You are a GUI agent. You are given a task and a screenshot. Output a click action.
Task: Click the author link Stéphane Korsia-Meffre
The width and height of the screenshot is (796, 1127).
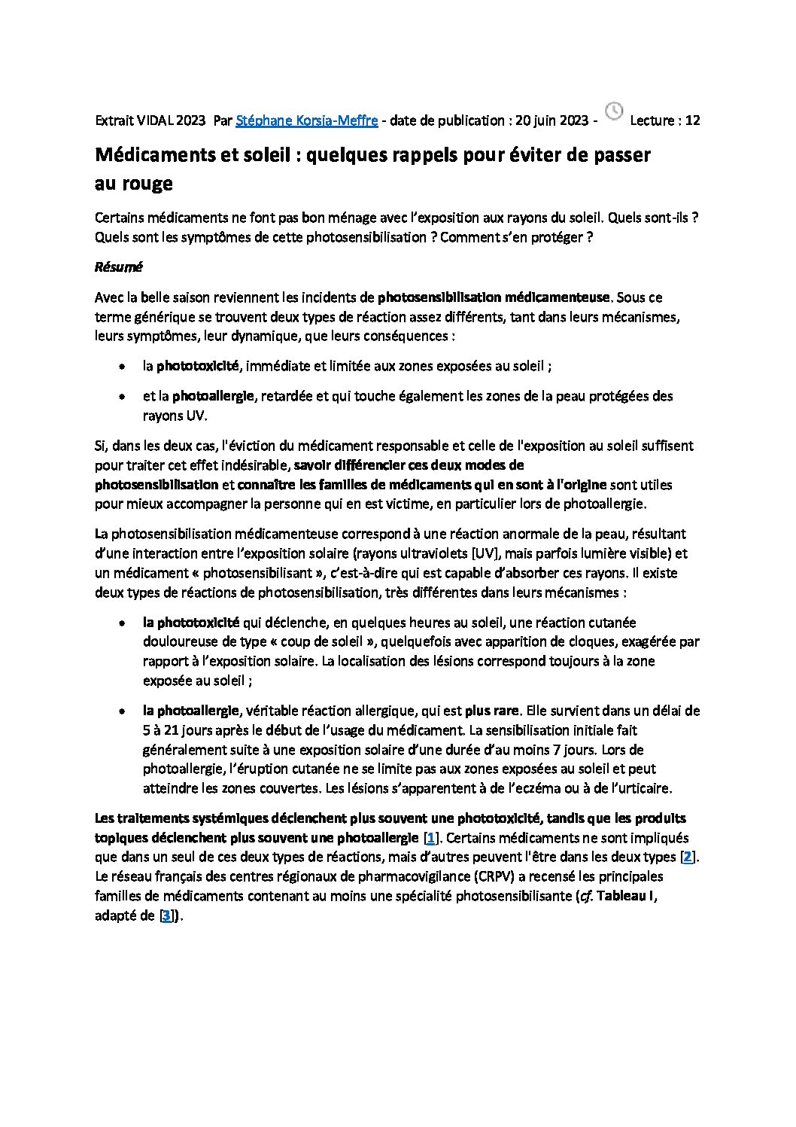(307, 120)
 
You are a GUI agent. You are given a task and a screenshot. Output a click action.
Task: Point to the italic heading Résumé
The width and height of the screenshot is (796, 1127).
(118, 267)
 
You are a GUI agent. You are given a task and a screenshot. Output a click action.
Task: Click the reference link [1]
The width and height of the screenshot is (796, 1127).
(430, 838)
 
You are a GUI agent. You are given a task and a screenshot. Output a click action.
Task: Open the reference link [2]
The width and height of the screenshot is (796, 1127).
(688, 857)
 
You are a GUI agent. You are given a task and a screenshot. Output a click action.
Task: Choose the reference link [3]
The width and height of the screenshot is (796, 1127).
(167, 916)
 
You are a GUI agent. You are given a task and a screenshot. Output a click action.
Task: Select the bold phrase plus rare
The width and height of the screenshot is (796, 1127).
(492, 710)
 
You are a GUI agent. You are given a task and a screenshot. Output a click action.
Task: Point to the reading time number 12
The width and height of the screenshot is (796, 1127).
(693, 120)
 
